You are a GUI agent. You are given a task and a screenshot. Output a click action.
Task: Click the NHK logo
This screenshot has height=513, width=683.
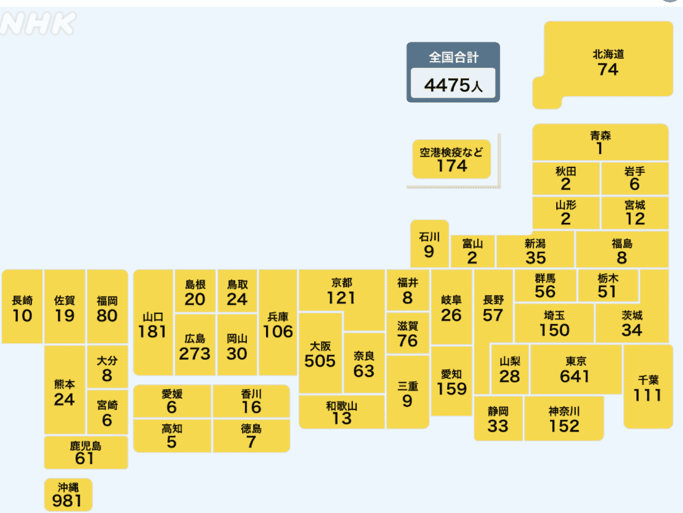pos(38,24)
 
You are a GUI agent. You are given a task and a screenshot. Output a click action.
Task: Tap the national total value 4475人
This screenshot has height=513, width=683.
pos(453,85)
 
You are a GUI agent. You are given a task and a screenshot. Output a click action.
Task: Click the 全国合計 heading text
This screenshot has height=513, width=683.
pos(453,57)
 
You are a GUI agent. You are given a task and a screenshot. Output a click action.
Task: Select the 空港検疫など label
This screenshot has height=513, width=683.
pos(451,151)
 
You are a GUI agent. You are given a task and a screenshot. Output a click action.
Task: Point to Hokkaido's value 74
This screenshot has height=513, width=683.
pos(607,70)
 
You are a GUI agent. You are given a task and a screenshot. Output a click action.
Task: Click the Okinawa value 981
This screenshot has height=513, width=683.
pos(67,501)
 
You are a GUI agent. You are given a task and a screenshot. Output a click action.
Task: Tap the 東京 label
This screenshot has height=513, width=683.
pos(575,361)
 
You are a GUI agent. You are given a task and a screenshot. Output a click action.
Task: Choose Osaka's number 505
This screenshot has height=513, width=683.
pos(320,361)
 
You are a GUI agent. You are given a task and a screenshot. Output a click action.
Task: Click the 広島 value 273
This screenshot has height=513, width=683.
pos(195,354)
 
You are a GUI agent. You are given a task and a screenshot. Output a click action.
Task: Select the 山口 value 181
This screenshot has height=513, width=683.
pos(153,331)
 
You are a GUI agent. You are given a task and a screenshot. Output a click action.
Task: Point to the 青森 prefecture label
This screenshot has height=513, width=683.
pos(600,135)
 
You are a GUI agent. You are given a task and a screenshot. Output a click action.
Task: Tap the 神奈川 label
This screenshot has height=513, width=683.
pos(564,411)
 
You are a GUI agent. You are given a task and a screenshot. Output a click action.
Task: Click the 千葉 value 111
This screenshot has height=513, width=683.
pos(648,395)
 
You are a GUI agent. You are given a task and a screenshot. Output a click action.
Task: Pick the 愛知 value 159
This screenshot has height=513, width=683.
pos(452,389)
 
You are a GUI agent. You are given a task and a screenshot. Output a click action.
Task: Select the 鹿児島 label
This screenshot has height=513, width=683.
pos(85,445)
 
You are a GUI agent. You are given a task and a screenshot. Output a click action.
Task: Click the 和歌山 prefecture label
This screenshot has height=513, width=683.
pos(341,405)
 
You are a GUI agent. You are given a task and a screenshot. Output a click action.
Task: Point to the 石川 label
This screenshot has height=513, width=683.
pos(429,237)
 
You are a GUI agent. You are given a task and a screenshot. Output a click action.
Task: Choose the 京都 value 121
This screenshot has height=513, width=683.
pos(341,298)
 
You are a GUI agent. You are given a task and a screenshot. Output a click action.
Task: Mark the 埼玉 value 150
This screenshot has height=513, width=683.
pos(554,330)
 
